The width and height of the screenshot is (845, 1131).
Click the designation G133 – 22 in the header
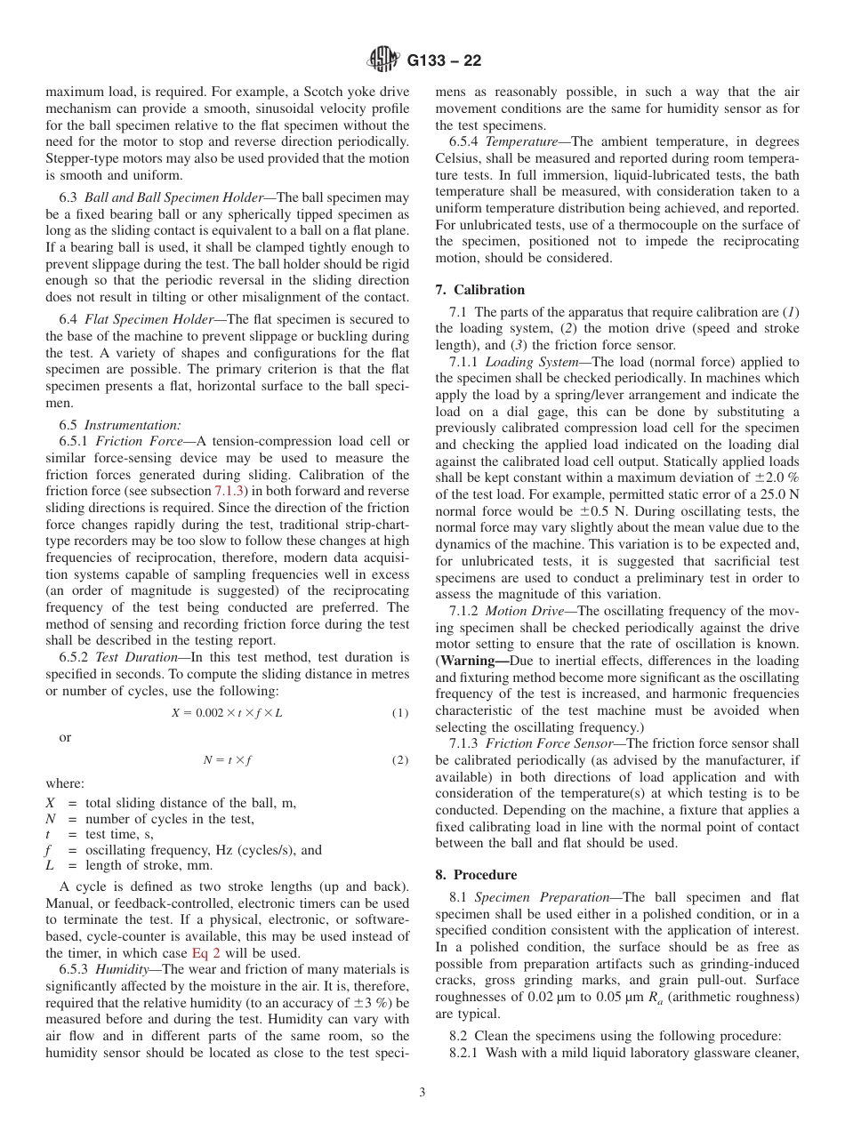point(444,61)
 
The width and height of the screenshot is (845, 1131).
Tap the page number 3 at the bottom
point(422,1093)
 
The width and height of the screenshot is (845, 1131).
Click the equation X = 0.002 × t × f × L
point(227,713)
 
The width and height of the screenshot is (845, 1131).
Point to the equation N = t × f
point(227,760)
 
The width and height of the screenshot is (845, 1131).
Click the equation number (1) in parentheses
point(400,713)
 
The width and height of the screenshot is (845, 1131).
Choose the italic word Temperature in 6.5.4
point(523,142)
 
